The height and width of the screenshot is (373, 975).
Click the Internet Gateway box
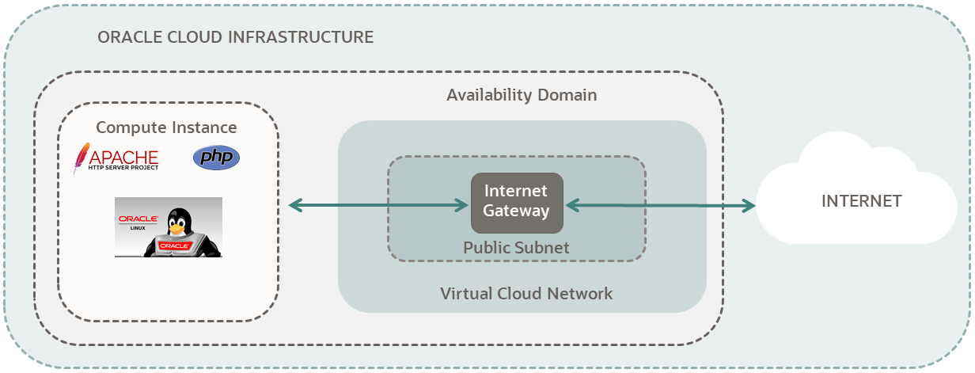point(517,203)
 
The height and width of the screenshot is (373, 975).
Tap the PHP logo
point(216,158)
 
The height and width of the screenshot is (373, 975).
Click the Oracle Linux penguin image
point(169,227)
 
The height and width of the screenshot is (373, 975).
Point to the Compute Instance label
point(166,128)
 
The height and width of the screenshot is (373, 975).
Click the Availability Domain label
point(522,95)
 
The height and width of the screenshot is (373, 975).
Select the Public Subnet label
point(516,247)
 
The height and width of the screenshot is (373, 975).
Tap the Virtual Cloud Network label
point(526,294)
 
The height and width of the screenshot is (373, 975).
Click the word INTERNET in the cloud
point(861,201)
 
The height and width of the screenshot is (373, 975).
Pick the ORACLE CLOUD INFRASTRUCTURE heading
point(235,37)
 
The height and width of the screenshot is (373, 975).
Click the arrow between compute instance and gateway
point(378,206)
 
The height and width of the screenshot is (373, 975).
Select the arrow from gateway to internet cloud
point(660,206)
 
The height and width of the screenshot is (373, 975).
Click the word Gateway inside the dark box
point(517,211)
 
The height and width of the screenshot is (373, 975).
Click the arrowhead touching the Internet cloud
point(748,206)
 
